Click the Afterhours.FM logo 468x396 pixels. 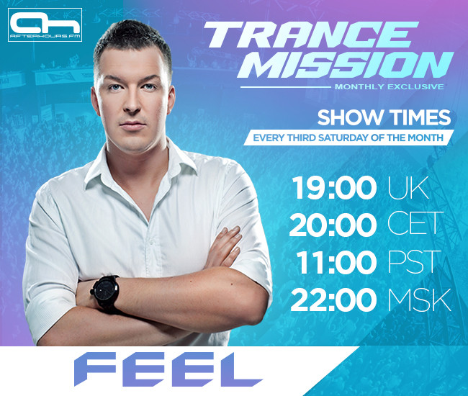tap(45, 25)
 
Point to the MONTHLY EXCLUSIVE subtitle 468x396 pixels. tap(389, 87)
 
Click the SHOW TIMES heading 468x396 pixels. tap(384, 117)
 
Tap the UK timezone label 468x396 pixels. tap(408, 189)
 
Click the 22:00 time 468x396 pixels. tap(333, 299)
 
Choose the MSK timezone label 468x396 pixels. tap(420, 299)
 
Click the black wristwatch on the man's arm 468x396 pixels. tap(107, 292)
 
